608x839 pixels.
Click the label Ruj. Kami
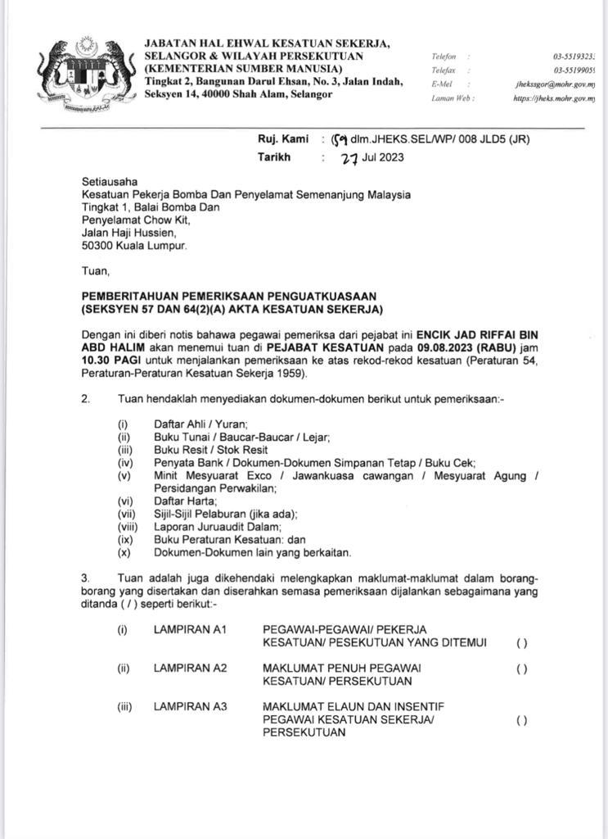[x=283, y=139]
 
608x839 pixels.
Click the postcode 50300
[x=98, y=245]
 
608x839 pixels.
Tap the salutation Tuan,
[x=95, y=270]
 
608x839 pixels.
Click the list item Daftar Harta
[x=185, y=500]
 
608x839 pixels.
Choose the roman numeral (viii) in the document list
[x=125, y=527]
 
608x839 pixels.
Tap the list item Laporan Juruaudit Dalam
[x=206, y=527]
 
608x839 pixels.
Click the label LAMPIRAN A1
[x=190, y=629]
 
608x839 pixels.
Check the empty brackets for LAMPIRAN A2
[x=521, y=669]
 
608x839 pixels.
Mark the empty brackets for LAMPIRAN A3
[x=521, y=720]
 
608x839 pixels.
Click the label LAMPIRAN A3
[x=190, y=706]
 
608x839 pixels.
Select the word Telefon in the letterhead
[x=445, y=57]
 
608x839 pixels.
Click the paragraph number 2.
[x=85, y=400]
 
